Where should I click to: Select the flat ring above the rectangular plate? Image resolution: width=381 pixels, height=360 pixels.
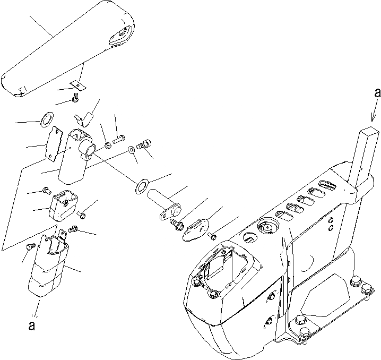(x=46, y=117)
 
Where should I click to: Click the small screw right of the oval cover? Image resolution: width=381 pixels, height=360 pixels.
(x=213, y=234)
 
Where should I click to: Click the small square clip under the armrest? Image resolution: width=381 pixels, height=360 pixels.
(x=77, y=84)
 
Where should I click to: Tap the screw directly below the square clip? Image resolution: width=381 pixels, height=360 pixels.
(x=75, y=98)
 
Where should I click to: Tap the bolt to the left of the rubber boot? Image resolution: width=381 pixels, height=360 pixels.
(x=30, y=246)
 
